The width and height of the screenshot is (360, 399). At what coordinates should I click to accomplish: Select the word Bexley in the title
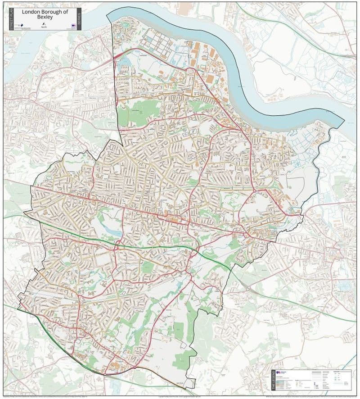pyautogui.click(x=45, y=18)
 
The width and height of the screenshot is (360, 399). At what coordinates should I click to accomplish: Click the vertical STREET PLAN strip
pyautogui.click(x=11, y=19)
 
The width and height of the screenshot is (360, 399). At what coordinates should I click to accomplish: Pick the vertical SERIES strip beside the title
pyautogui.click(x=79, y=19)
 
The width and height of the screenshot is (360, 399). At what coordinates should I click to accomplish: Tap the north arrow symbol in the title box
pyautogui.click(x=43, y=23)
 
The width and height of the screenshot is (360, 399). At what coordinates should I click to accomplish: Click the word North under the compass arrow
pyautogui.click(x=43, y=27)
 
